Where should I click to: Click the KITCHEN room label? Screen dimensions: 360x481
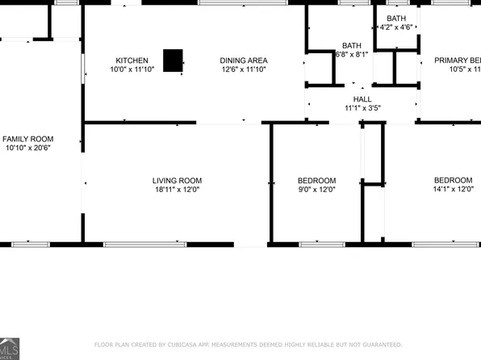coord(132,61)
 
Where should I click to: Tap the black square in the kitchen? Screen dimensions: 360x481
coord(173,61)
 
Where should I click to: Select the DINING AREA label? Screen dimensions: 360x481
coord(244,61)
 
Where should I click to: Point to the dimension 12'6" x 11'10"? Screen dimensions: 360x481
coord(244,70)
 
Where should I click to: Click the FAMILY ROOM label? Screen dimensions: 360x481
coord(27,139)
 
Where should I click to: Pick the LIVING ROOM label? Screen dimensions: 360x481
coord(177,180)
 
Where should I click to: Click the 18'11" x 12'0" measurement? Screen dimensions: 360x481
coord(177,190)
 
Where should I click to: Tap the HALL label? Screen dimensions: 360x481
coord(362,98)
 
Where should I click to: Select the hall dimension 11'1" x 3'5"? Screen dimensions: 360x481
coord(362,107)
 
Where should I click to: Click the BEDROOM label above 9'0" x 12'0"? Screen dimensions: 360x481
coord(317,180)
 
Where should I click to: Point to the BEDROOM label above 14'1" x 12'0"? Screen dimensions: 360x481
coord(453,180)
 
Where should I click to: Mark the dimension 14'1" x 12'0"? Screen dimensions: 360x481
coord(453,190)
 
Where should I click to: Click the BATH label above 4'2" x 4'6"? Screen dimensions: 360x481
coord(396,18)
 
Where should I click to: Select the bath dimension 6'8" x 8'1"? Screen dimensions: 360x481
coord(352,55)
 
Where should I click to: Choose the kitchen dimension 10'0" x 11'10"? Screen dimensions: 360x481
coord(132,70)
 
